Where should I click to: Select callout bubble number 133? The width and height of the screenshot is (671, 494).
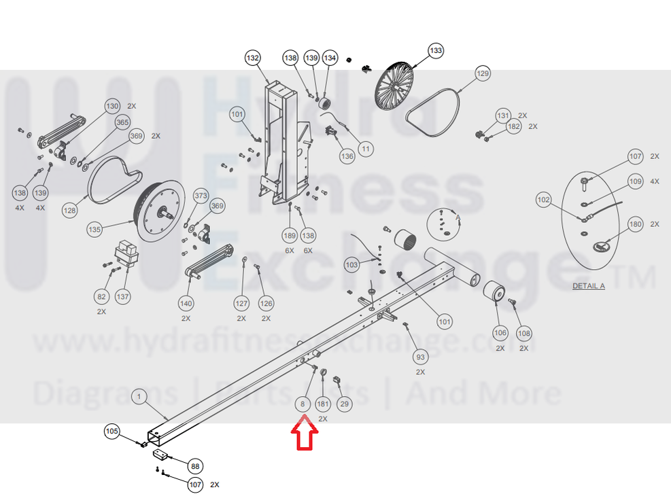(435, 50)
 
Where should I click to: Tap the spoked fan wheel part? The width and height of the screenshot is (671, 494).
(394, 86)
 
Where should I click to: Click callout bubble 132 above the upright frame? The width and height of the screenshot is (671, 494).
(253, 58)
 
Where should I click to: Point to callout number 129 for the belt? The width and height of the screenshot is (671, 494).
(482, 73)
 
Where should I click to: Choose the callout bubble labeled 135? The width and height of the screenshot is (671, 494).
(94, 229)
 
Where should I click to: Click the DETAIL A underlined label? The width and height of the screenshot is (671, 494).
(589, 285)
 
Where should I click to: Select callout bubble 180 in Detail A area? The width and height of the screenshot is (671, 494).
(636, 224)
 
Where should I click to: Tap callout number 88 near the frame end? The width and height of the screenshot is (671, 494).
(195, 466)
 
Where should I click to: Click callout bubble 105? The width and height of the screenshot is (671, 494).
(111, 431)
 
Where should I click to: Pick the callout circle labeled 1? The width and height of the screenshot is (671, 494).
(139, 396)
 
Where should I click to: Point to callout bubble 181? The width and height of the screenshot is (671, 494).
(323, 404)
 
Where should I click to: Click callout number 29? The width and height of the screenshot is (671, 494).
(344, 404)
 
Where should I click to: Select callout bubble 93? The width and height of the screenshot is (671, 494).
(420, 357)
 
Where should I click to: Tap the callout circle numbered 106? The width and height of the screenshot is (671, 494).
(500, 333)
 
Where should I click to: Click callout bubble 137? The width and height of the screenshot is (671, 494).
(123, 296)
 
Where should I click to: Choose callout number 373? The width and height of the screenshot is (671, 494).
(201, 196)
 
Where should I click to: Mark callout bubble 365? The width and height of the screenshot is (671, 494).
(122, 122)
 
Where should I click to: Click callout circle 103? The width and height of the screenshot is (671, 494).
(351, 265)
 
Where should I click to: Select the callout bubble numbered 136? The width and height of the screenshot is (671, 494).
(347, 156)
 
